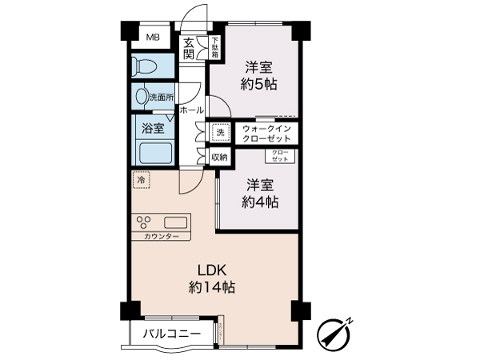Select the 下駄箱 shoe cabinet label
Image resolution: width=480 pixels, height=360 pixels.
pos(214,48)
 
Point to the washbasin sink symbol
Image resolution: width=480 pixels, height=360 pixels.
pos(142,97)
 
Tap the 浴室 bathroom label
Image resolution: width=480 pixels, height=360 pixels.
pos(153,127)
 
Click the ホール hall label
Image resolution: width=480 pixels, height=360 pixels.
pos(192,110)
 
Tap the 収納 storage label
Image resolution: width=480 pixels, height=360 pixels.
pos(219,158)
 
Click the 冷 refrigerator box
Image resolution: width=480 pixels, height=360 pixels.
pos(141,181)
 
